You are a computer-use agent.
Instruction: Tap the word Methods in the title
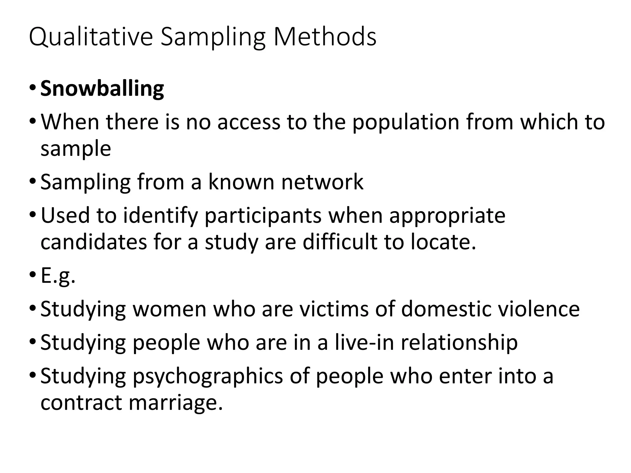pos(325,37)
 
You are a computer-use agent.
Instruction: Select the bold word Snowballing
pos(102,89)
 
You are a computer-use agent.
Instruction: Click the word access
pos(249,122)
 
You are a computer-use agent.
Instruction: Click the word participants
pos(263,216)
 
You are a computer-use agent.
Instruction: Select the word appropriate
pos(447,216)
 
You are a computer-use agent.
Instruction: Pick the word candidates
pos(94,242)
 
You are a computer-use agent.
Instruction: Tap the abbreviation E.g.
pos(58,276)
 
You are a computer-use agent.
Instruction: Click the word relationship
pos(459,342)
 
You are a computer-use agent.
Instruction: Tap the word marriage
pos(175,403)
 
